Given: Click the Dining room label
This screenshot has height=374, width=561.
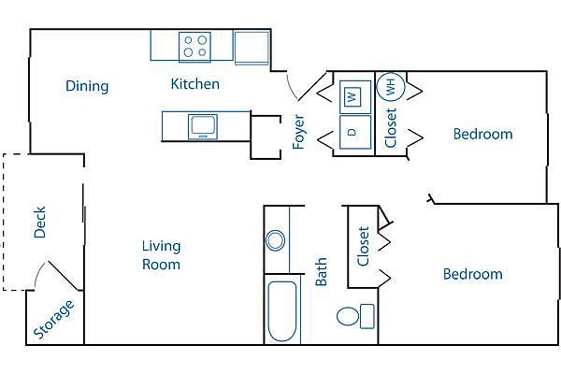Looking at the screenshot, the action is (87, 87).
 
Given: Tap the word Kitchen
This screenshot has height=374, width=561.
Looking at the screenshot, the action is (195, 84).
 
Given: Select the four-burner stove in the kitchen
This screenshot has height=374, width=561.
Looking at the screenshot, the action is (194, 47).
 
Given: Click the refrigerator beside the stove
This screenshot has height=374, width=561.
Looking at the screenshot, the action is (252, 48).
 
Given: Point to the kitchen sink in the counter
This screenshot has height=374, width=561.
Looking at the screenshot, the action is (203, 127).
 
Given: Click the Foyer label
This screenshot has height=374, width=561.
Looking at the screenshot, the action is (299, 131).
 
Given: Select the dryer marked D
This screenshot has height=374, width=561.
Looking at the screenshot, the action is (355, 132).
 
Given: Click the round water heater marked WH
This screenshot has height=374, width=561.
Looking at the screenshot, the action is (391, 86).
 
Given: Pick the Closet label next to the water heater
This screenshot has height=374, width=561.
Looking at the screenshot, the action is (391, 128).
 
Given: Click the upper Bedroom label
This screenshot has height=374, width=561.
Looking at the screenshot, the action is (482, 135).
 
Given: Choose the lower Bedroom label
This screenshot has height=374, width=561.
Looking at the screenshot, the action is (472, 274).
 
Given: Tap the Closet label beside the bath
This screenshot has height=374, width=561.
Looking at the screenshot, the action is (363, 246).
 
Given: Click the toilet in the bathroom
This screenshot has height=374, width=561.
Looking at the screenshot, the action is (355, 316).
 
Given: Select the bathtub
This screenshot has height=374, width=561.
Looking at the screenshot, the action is (282, 311).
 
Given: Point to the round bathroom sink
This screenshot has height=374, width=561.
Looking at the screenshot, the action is (276, 240).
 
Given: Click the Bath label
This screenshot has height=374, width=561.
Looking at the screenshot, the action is (321, 272).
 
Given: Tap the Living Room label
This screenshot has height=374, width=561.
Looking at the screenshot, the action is (162, 255).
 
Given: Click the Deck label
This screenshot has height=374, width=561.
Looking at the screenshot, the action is (39, 223).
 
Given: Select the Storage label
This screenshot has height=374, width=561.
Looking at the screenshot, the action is (53, 319).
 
